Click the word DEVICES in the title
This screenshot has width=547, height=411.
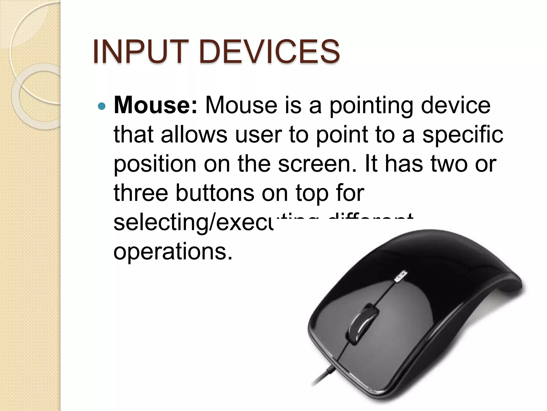269,51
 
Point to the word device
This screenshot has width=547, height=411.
456,105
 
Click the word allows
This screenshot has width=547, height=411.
194,134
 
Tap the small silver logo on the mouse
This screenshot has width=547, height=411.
401,277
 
